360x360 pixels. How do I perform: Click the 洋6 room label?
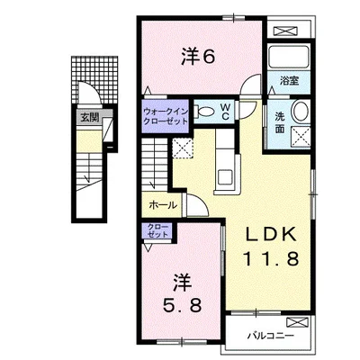(x=198, y=57)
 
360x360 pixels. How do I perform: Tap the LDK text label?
(x=271, y=234)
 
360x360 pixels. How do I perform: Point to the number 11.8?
(x=271, y=258)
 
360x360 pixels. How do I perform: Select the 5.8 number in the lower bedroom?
(x=182, y=306)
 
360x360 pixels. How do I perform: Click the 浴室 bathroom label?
(x=289, y=81)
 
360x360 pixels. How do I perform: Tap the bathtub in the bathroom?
(x=289, y=57)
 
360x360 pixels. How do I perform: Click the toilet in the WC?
(x=204, y=112)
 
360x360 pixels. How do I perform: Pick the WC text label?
(x=225, y=112)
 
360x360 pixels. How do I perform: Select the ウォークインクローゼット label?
(x=166, y=116)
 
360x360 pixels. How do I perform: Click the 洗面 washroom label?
(x=280, y=122)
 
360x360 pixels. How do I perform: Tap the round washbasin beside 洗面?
(x=301, y=112)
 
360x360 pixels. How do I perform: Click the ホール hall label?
(x=163, y=205)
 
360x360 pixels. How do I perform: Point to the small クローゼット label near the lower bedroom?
(x=158, y=230)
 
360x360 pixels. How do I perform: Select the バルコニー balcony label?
(x=271, y=336)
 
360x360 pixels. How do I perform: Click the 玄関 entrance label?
(x=90, y=118)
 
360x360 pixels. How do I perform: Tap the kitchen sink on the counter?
(x=225, y=177)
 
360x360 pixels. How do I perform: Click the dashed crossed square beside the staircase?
(x=183, y=148)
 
